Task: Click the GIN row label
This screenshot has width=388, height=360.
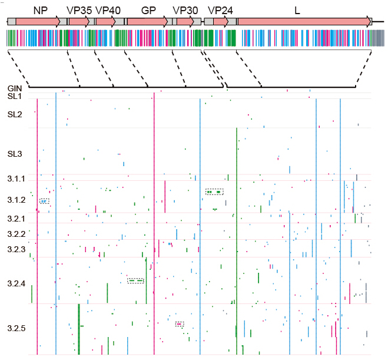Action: tap(15, 88)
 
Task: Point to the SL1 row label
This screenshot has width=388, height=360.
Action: tap(14, 95)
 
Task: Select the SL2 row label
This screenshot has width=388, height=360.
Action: tap(15, 114)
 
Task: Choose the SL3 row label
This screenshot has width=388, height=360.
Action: tap(15, 154)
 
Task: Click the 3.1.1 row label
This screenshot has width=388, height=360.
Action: tap(16, 179)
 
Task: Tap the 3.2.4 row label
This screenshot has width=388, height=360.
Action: tap(16, 284)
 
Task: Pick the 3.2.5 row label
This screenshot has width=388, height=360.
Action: tap(16, 328)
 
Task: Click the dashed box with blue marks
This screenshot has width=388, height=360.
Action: tap(44, 202)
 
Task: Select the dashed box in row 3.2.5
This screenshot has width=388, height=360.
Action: tap(179, 324)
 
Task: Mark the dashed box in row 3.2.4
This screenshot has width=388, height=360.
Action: tap(136, 280)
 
